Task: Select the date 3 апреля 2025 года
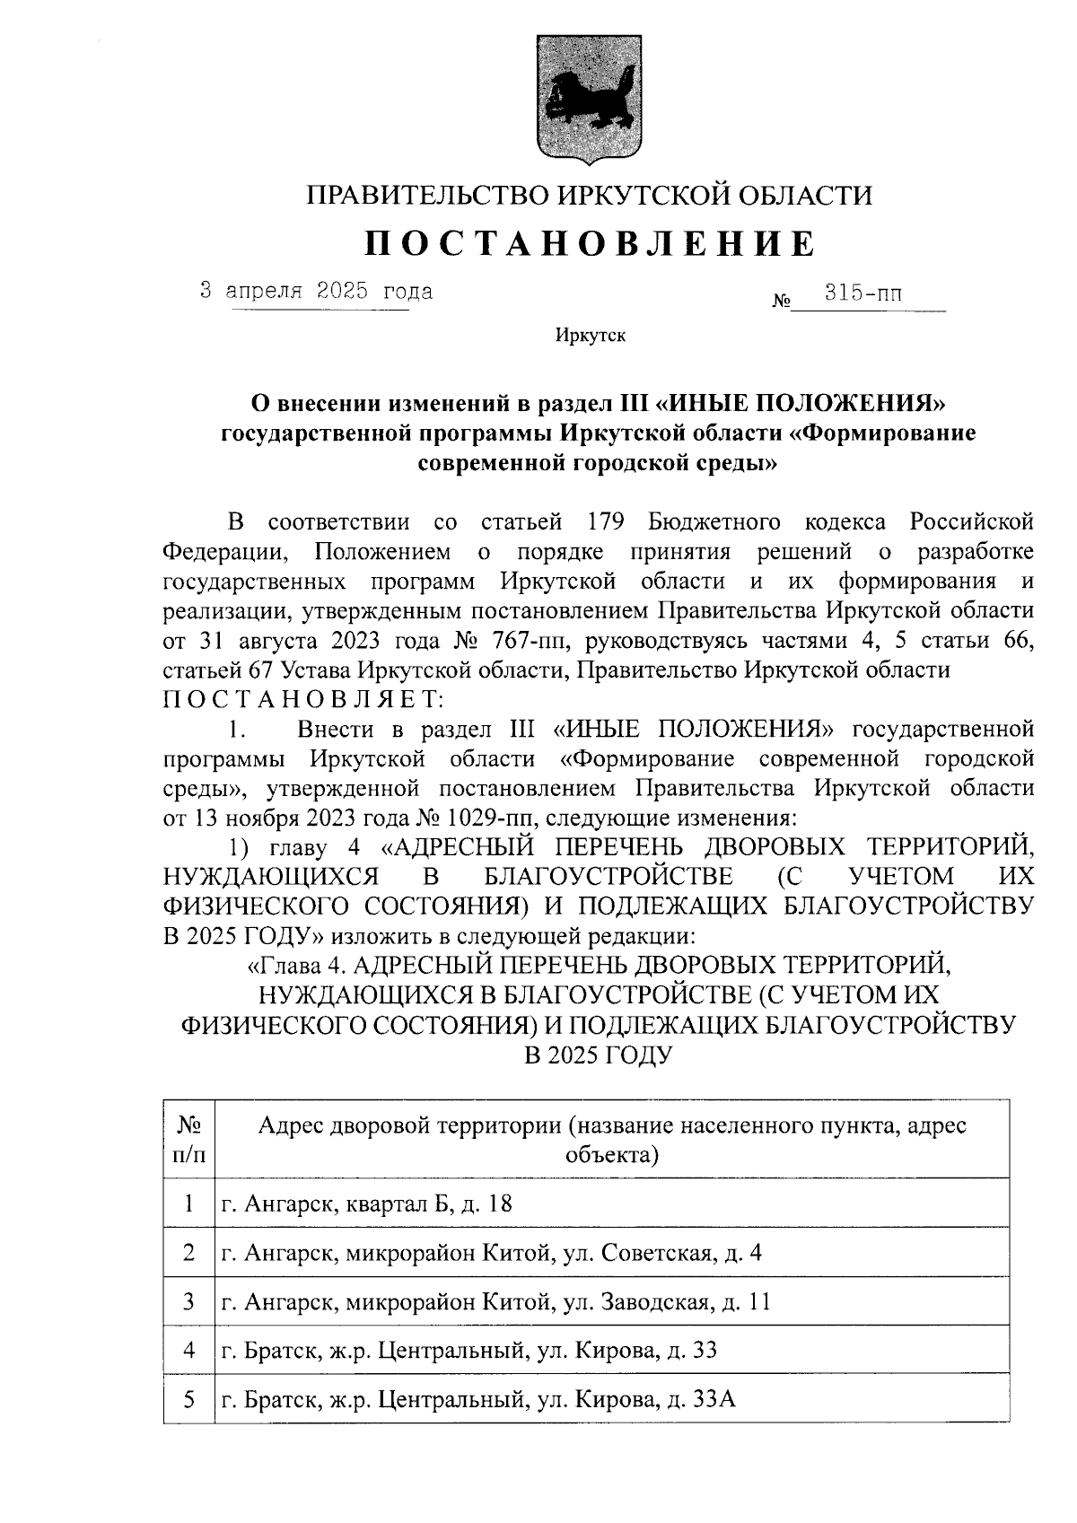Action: click(316, 292)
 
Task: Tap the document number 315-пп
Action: click(864, 293)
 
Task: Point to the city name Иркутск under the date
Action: click(590, 337)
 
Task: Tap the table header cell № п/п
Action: click(188, 1139)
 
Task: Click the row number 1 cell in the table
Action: click(188, 1204)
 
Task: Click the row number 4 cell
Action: click(188, 1351)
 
